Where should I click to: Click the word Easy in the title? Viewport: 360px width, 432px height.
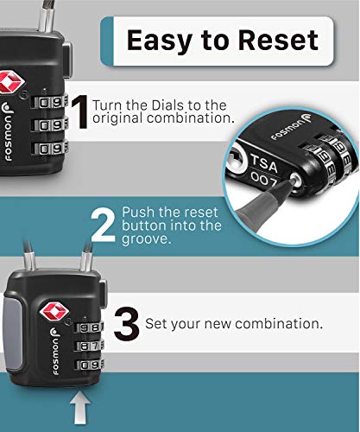click(155, 39)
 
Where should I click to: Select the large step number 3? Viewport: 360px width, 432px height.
click(127, 327)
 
